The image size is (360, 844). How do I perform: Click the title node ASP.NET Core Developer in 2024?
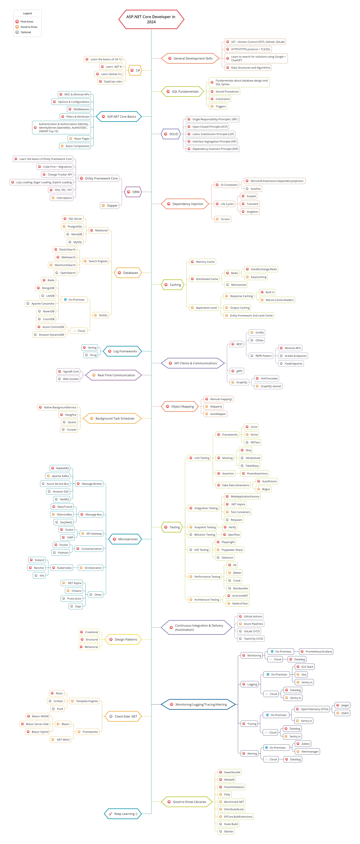click(151, 19)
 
